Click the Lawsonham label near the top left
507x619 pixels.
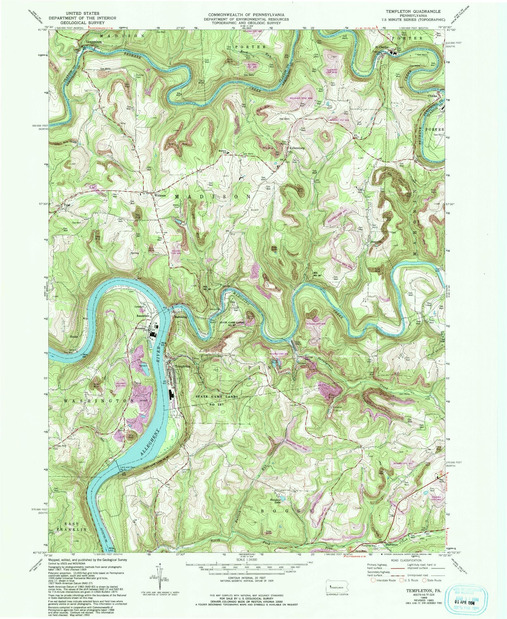[x=94, y=41]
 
